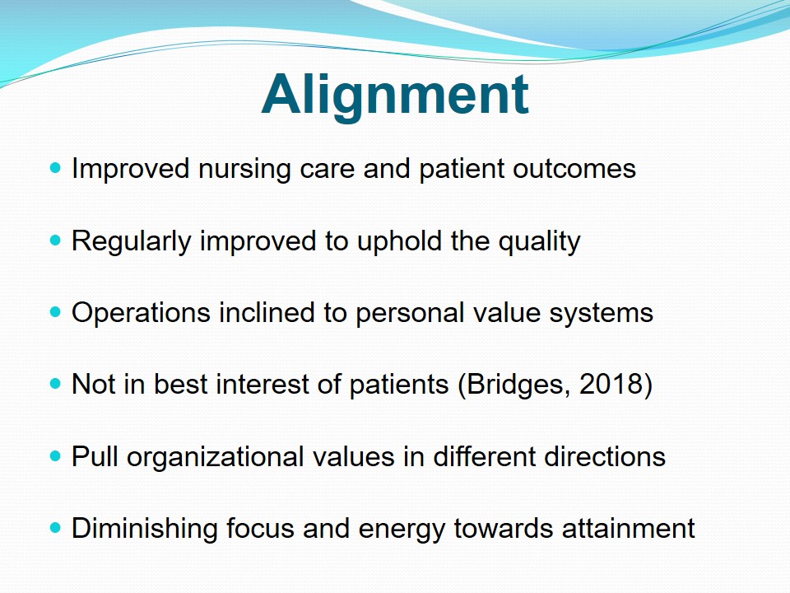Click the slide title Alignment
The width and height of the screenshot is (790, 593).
[395, 96]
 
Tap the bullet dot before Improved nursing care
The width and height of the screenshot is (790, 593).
[55, 168]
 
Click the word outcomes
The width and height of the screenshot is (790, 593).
[574, 168]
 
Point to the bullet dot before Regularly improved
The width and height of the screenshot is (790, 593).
[55, 240]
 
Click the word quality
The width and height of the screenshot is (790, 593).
[540, 242]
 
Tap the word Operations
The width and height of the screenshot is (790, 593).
[141, 314]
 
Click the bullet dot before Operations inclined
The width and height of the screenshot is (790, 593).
[55, 312]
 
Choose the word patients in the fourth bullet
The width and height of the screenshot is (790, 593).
[398, 385]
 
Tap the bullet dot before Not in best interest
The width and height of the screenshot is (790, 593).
[55, 385]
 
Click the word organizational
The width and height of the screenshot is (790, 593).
[215, 458]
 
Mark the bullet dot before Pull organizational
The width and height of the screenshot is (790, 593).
[55, 456]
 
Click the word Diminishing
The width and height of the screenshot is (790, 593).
[144, 530]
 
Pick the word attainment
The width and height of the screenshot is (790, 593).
[628, 529]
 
